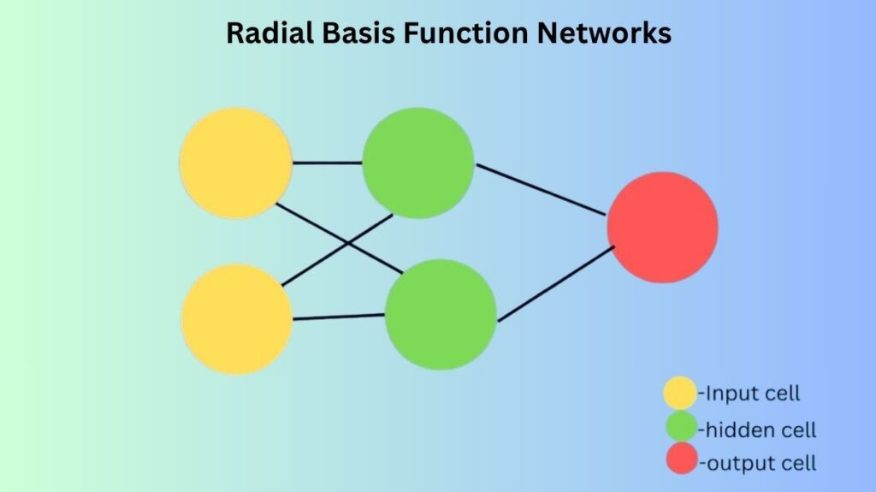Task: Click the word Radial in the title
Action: [269, 33]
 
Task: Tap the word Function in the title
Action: [465, 33]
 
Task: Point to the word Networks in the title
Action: [604, 33]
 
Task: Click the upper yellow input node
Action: [236, 163]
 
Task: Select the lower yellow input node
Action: [237, 319]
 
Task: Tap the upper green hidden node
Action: [418, 163]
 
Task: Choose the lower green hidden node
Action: [441, 314]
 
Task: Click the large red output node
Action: [663, 227]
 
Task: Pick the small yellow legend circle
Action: [680, 393]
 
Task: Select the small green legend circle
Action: [682, 427]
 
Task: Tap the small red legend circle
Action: [682, 459]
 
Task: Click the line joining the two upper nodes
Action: [328, 163]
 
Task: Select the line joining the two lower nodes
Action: [339, 317]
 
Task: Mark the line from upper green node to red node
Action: [541, 190]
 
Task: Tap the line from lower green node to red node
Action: [556, 284]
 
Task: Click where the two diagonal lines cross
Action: [347, 243]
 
